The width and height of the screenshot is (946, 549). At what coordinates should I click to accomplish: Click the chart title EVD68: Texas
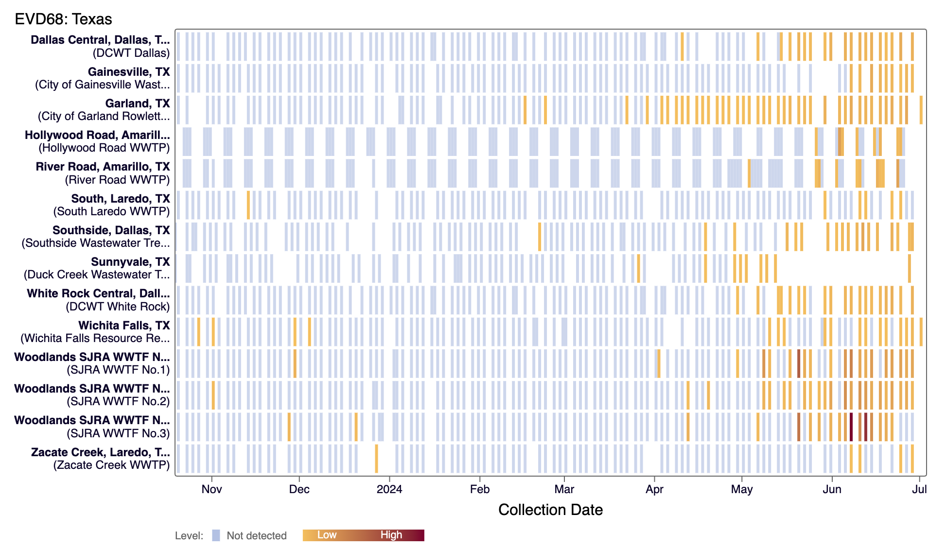coord(63,19)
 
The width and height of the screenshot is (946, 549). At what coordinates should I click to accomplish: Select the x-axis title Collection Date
coord(550,510)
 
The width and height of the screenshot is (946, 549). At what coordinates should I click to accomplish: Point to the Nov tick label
coord(211,489)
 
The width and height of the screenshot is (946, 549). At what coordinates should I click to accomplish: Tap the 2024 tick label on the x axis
coord(389,489)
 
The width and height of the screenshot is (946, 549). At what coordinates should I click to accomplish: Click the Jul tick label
coord(919,489)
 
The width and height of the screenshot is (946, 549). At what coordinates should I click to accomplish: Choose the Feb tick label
coord(479,489)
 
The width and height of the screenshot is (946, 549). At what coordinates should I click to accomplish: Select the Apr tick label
coord(654,489)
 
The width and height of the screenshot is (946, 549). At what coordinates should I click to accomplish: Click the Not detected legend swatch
coord(216,535)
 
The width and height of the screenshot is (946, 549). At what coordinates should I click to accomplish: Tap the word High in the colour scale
coord(391,535)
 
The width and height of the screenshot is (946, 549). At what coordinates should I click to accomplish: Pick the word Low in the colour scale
coord(327,535)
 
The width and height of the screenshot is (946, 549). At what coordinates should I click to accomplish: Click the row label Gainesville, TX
coord(129,72)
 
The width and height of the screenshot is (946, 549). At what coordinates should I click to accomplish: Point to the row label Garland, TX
coord(138,103)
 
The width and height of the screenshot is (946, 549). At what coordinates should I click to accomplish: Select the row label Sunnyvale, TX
coord(130,262)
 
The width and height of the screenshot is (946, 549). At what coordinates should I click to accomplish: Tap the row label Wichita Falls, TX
coord(124,326)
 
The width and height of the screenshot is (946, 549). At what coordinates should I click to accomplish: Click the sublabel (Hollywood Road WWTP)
coord(104,148)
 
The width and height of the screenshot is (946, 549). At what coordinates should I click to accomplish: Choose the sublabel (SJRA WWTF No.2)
coord(118,401)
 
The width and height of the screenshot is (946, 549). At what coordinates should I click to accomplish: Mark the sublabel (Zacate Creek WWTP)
coord(111,465)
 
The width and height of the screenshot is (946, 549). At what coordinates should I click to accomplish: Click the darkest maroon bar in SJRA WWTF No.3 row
coord(851,427)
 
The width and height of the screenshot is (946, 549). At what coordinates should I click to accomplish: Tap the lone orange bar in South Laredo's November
coord(248,205)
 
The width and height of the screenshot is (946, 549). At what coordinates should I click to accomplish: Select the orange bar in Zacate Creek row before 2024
coord(376,459)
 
